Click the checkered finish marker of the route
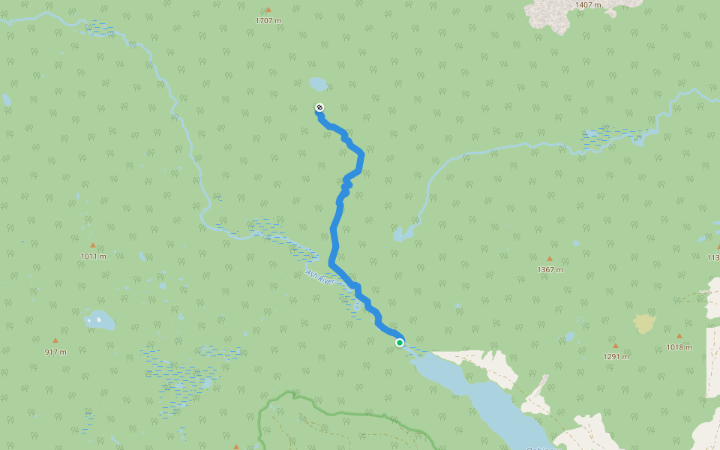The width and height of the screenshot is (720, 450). (319, 108)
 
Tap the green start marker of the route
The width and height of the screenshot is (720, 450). (400, 343)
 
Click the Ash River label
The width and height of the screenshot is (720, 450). (319, 277)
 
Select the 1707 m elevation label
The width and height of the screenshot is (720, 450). (268, 20)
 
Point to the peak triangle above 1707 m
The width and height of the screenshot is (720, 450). (268, 10)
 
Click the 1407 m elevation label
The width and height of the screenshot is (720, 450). (588, 4)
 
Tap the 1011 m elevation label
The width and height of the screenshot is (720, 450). (93, 256)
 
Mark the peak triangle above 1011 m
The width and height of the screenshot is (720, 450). (93, 245)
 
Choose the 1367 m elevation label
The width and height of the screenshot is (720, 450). (550, 269)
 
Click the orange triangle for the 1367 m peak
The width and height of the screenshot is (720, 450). (550, 259)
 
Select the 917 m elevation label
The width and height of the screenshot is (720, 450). (55, 352)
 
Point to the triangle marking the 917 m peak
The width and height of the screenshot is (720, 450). (55, 340)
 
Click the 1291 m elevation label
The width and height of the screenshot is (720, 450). (616, 356)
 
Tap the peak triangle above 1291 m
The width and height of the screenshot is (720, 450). (616, 346)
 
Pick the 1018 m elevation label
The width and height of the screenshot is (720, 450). (679, 346)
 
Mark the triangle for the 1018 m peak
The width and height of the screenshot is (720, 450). (679, 336)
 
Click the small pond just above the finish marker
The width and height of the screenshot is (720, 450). (318, 83)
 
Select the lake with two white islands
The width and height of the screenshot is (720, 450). (99, 320)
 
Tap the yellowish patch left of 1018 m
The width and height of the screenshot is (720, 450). (643, 323)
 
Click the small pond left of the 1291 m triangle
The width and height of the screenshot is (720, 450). (570, 337)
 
